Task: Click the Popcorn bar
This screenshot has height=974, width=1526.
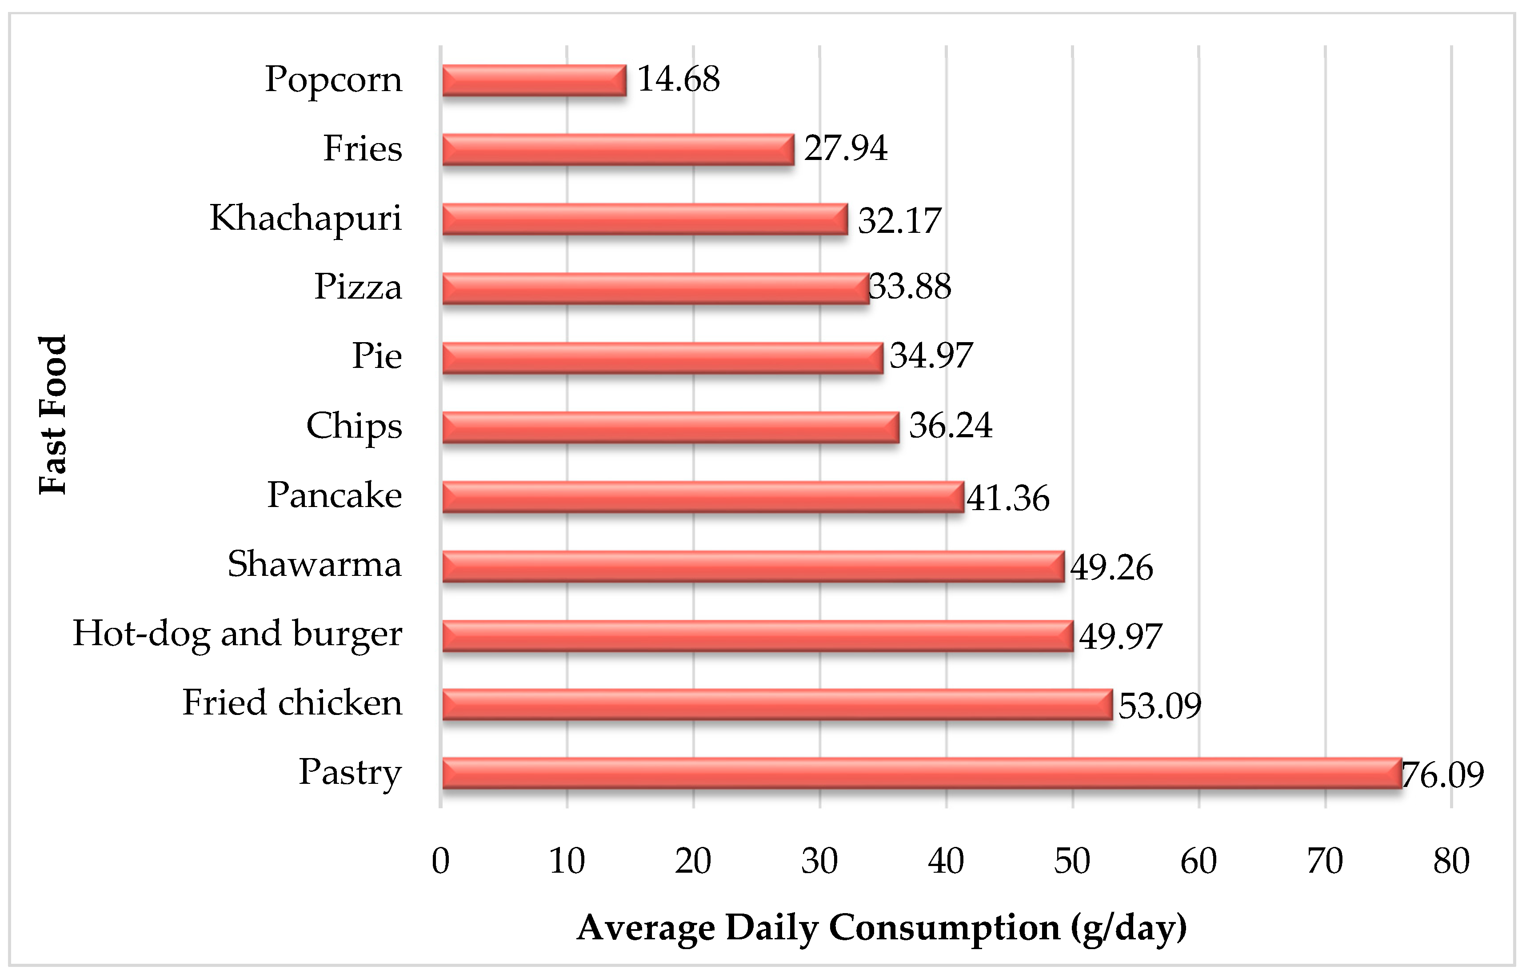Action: pos(534,80)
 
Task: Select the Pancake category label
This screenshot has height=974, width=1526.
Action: pos(334,495)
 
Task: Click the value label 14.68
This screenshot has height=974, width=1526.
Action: pos(678,79)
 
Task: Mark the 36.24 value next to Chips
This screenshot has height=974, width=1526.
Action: pos(950,425)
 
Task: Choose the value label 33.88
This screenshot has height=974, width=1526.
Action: pos(910,287)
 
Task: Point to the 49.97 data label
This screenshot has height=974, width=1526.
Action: pos(1120,636)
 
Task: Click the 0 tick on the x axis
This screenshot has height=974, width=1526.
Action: pos(440,861)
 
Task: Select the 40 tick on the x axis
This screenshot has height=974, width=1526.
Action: pos(946,861)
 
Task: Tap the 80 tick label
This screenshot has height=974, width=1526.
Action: pos(1451,861)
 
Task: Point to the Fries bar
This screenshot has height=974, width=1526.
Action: pos(618,150)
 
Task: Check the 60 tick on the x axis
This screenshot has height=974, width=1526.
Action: pos(1198,861)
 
